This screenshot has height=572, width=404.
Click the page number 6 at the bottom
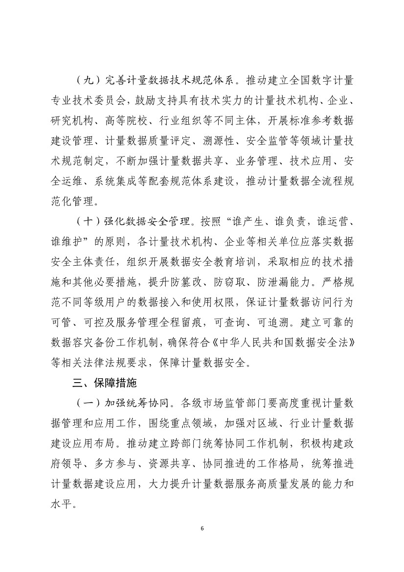202,528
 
